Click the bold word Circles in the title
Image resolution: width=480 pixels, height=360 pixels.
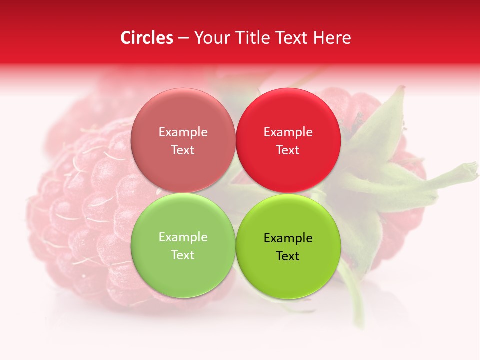147,38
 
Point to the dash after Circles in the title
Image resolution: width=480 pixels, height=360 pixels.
183,38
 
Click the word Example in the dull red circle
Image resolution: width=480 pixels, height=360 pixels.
183,132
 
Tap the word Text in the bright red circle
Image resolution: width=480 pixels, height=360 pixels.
288,150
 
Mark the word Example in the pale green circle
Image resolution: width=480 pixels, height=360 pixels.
183,237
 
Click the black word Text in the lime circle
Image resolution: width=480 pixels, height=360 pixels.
288,256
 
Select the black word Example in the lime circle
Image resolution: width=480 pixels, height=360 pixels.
288,238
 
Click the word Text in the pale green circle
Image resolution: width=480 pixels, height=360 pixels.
183,255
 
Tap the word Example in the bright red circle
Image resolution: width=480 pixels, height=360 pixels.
288,132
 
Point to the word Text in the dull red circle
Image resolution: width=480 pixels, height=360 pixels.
183,150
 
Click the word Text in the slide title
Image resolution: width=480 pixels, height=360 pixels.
291,38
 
